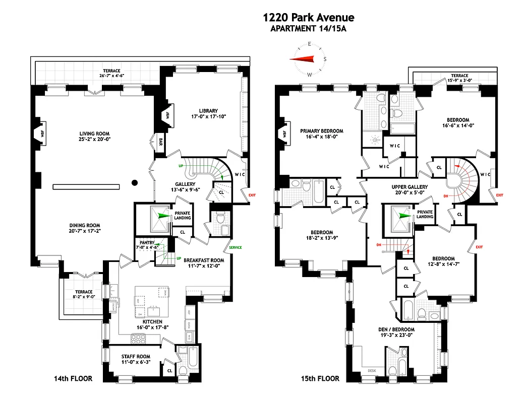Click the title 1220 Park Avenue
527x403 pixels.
coord(308,18)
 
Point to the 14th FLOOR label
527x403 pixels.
coord(74,378)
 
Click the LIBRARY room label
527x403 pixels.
coord(208,111)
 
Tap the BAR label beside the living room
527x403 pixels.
coord(161,141)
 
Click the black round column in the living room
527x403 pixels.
coord(134,182)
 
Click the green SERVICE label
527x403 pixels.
coord(236,248)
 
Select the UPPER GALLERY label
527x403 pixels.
coord(409,187)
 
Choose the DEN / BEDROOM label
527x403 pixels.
coord(396,330)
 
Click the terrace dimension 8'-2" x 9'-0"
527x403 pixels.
coord(84,298)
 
